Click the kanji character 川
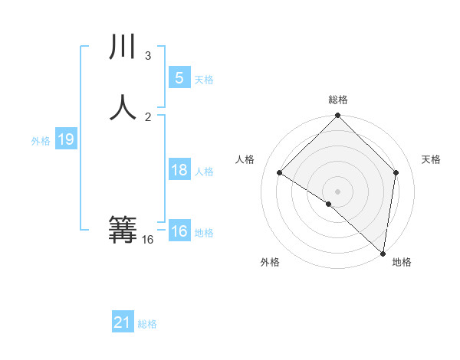(x=123, y=47)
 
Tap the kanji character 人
(x=123, y=107)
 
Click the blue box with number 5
(x=179, y=78)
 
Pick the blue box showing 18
(x=179, y=170)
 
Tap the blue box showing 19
(x=65, y=139)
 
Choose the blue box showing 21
(x=123, y=323)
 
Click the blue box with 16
(x=179, y=231)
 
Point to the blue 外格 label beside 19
(x=41, y=140)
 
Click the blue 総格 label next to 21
(x=147, y=324)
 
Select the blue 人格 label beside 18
(x=205, y=171)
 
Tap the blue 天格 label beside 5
(x=204, y=79)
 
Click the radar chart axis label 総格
(x=338, y=100)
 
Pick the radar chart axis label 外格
(x=270, y=262)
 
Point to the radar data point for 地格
(x=383, y=252)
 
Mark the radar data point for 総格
(x=337, y=116)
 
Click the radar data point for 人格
(x=279, y=173)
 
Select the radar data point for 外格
(x=328, y=204)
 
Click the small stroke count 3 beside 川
(x=148, y=56)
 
